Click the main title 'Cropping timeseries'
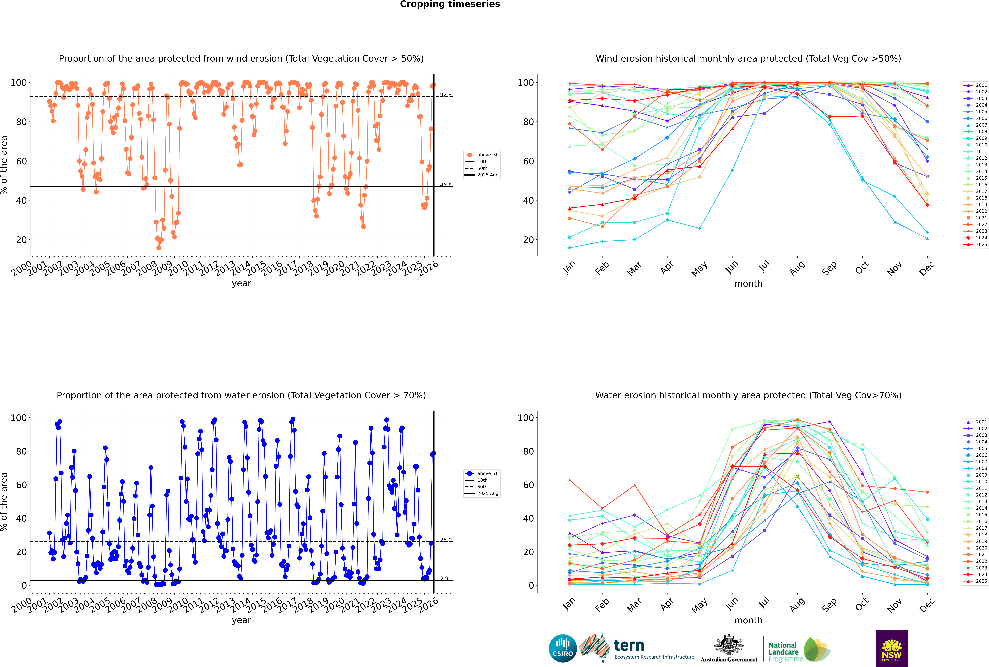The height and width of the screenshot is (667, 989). (450, 4)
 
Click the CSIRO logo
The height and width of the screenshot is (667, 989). (563, 648)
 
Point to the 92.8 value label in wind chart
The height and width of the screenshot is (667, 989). (446, 95)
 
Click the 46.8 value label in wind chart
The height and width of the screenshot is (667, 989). (446, 185)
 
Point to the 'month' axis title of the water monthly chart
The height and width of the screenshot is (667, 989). (748, 621)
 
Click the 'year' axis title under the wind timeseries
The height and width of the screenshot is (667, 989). (242, 284)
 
